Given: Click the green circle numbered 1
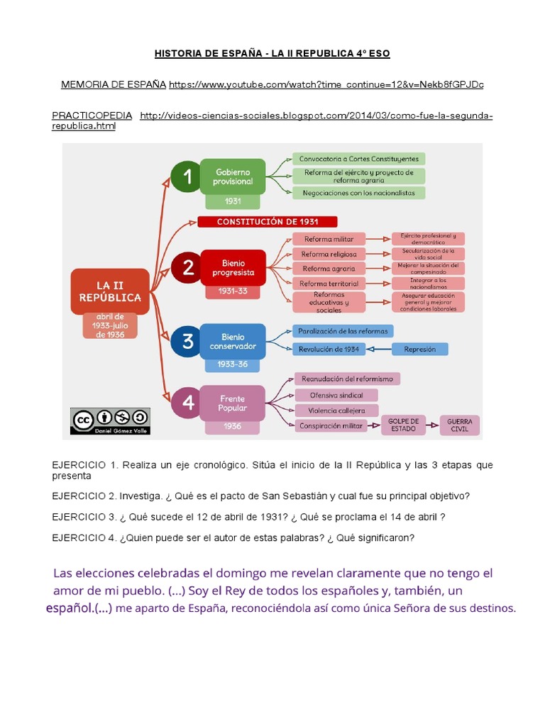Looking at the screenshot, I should [187, 176].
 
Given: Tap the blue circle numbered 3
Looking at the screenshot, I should [187, 342].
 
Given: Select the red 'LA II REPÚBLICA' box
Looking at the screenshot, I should [109, 291].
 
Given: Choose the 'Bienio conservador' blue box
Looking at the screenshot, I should [233, 341].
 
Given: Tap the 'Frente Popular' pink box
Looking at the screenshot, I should [233, 403].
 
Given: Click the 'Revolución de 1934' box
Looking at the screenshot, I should [329, 349].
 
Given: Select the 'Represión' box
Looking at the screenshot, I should [419, 349].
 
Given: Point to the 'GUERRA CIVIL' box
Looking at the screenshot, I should [459, 425].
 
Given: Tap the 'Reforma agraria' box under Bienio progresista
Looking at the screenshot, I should [329, 269].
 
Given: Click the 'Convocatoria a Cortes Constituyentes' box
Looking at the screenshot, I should [358, 159].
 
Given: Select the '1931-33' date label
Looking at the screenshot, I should [233, 291].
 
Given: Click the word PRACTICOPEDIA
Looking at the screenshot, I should [92, 116].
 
